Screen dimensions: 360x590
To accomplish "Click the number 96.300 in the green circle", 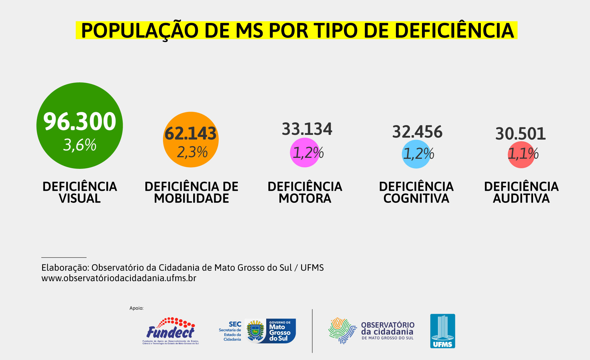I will click(x=80, y=121).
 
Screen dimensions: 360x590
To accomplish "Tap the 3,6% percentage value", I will click(x=80, y=145).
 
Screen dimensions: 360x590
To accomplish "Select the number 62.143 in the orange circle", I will click(x=191, y=133).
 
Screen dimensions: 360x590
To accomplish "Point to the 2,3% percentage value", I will click(x=192, y=152).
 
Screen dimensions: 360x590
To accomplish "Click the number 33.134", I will click(x=307, y=129).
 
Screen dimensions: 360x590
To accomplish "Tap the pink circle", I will click(x=304, y=152).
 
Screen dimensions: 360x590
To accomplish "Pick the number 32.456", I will click(x=417, y=132).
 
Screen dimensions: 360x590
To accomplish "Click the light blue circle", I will click(x=416, y=154).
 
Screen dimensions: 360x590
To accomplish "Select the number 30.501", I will click(x=520, y=134).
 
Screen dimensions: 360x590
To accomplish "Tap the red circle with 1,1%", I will click(x=521, y=154).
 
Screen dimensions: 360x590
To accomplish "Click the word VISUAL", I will click(x=80, y=198).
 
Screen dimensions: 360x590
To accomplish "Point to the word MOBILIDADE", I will click(x=191, y=198).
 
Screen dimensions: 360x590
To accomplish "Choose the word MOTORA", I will click(x=305, y=198).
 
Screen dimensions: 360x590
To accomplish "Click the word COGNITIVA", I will click(x=416, y=198).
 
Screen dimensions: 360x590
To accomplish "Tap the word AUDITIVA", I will click(x=521, y=198).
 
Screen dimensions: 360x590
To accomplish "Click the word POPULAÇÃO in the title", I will click(x=140, y=30).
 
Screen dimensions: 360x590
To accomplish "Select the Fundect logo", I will click(x=171, y=331).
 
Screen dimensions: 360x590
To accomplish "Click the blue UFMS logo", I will click(x=442, y=331).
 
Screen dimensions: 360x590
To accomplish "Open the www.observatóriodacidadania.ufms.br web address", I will click(x=119, y=278).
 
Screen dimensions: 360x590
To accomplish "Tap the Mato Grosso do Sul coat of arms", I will click(x=255, y=330).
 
